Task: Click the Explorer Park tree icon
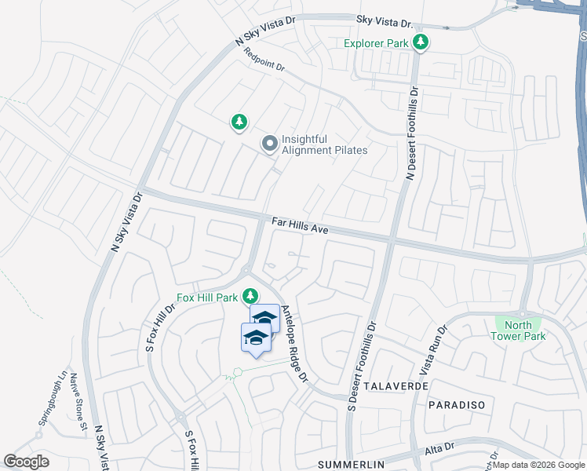[x=421, y=42]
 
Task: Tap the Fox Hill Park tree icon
[x=250, y=296]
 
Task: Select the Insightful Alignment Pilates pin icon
[x=269, y=143]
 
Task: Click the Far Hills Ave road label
[x=299, y=226]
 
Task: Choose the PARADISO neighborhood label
[x=457, y=404]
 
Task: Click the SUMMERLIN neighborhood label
[x=352, y=465]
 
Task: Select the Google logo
[x=26, y=462]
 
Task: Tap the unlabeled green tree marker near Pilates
[x=239, y=122]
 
